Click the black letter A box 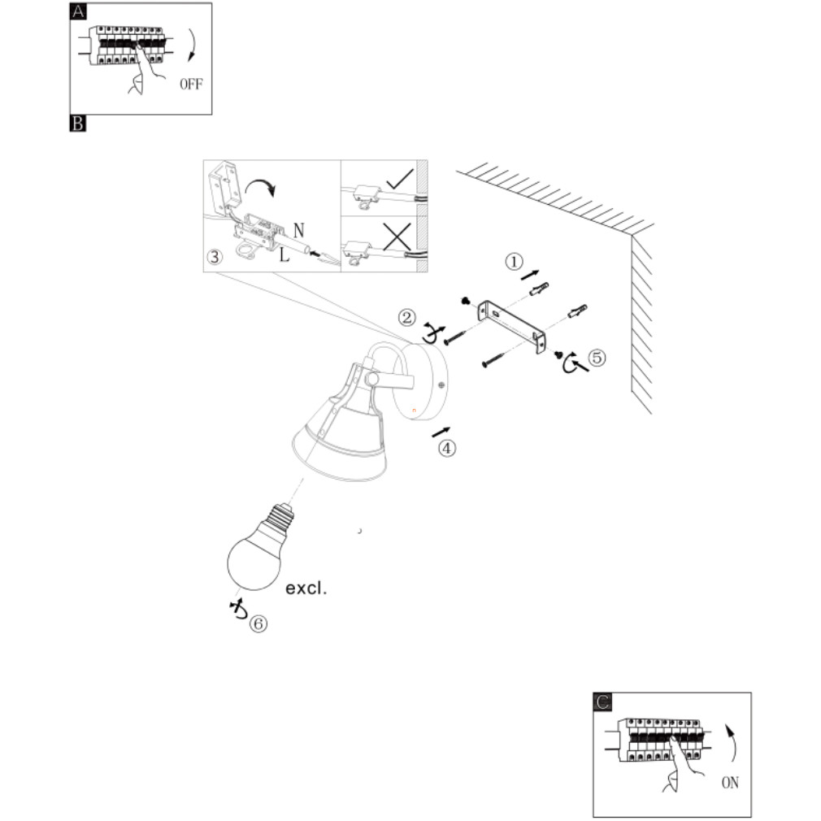[78, 11]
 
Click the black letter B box [78, 124]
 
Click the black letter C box [602, 702]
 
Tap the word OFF [191, 84]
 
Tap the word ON [730, 783]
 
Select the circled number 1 [514, 262]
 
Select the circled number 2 [406, 317]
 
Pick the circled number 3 [215, 257]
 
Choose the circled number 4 [446, 448]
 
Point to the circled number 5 [597, 358]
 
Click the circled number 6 [258, 623]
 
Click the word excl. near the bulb [306, 588]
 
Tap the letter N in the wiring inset [299, 230]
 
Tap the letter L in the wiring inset [285, 255]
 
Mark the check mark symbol [400, 179]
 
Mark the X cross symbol [397, 237]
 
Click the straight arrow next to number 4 [441, 432]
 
